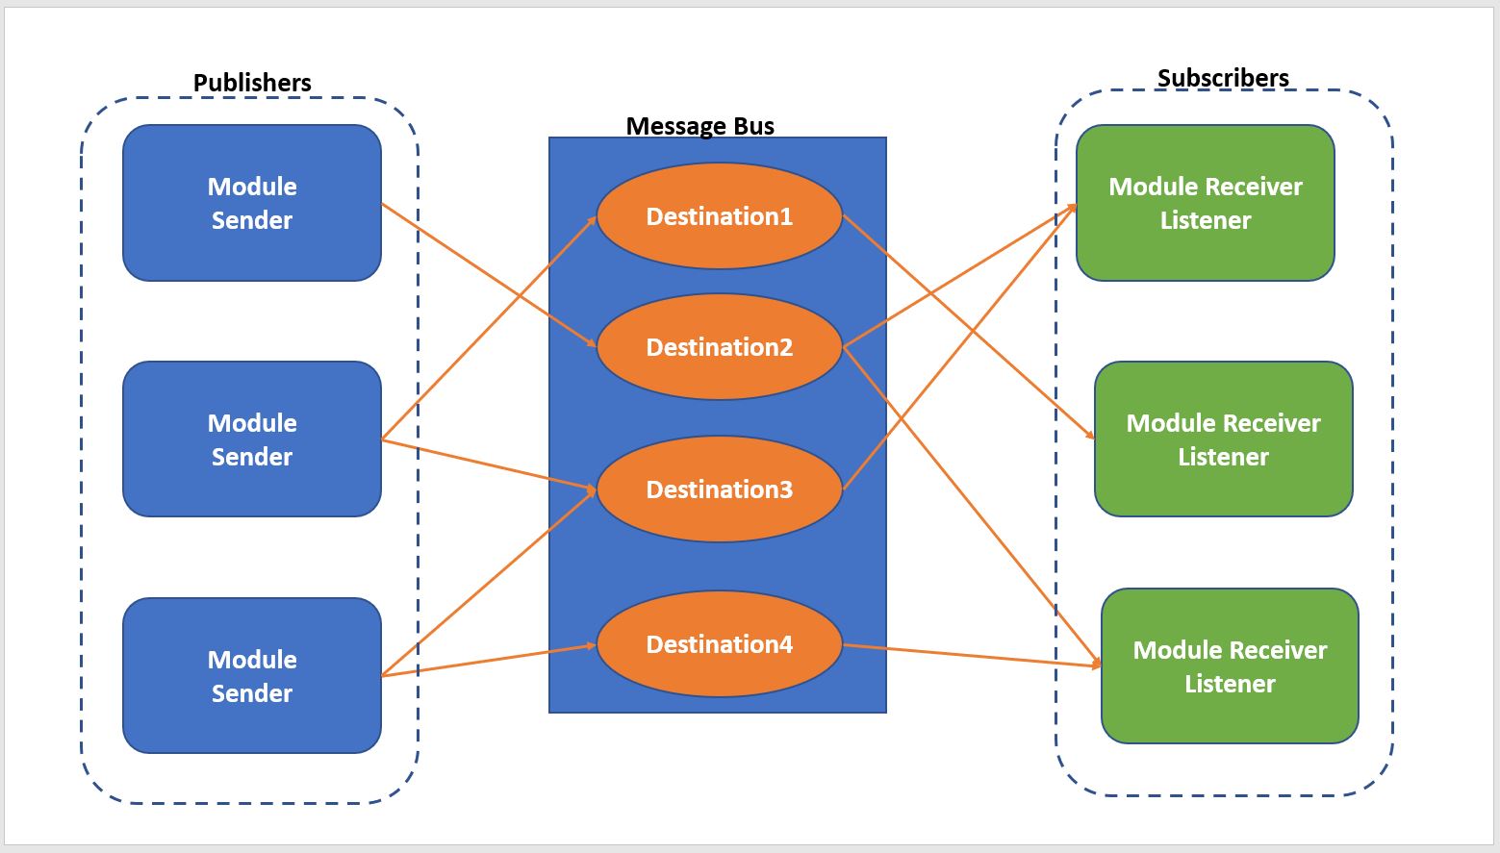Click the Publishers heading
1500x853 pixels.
[252, 83]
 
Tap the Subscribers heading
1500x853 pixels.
[1223, 78]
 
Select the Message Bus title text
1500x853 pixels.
[699, 126]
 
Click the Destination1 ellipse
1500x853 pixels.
[719, 216]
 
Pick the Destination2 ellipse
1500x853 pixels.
[719, 347]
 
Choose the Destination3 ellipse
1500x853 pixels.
[719, 489]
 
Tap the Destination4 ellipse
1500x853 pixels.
[719, 644]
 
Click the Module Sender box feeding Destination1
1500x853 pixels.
[252, 439]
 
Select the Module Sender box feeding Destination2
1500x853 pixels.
[252, 203]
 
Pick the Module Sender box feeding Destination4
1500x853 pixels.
[252, 675]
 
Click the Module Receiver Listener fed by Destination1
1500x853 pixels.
[1223, 439]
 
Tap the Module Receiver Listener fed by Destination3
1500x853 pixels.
[1205, 203]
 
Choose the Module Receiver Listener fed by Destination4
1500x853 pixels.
[1230, 665]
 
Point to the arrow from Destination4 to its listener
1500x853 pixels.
[972, 655]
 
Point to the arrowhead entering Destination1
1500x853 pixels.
[592, 220]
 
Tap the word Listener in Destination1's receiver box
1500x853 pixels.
[1223, 457]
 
